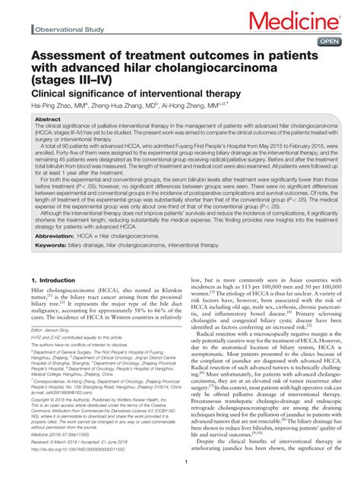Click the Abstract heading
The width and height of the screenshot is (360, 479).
point(48,120)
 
